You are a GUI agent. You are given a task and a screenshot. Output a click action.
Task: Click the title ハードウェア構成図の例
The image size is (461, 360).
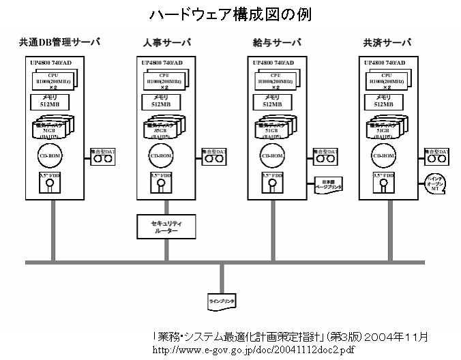(x=230, y=14)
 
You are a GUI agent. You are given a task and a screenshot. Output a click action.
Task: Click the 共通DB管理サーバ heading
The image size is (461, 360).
(x=59, y=43)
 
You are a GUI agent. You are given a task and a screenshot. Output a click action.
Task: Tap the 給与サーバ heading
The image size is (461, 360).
(x=277, y=43)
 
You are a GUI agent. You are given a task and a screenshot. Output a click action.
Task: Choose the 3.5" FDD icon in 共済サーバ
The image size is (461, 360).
(x=383, y=182)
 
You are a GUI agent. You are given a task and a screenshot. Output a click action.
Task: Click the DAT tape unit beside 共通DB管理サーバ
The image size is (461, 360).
(x=104, y=156)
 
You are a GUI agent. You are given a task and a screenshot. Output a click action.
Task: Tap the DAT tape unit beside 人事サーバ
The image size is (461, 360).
(x=214, y=156)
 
